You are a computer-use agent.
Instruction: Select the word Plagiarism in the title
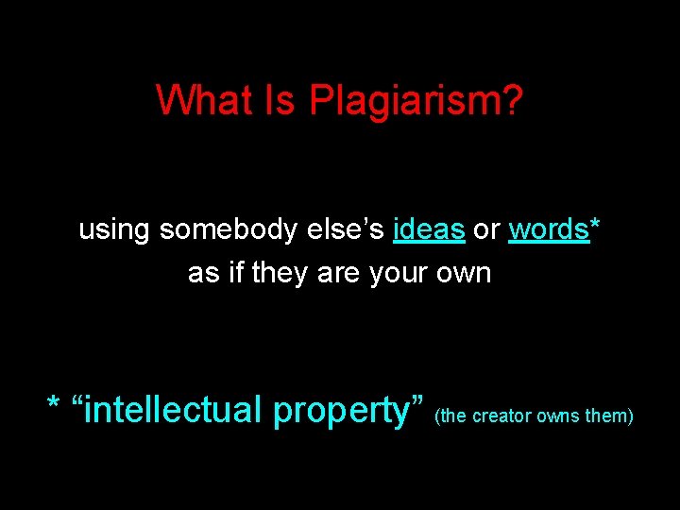click(x=405, y=100)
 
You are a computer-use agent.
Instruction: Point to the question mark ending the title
click(x=513, y=99)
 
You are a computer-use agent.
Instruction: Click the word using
click(x=115, y=230)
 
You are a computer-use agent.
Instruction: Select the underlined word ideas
click(x=429, y=229)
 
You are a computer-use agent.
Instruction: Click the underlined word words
click(x=548, y=229)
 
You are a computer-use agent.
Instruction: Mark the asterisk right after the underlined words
click(x=595, y=225)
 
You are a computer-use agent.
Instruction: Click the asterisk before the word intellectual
click(x=55, y=406)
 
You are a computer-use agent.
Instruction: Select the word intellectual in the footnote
click(x=174, y=411)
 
